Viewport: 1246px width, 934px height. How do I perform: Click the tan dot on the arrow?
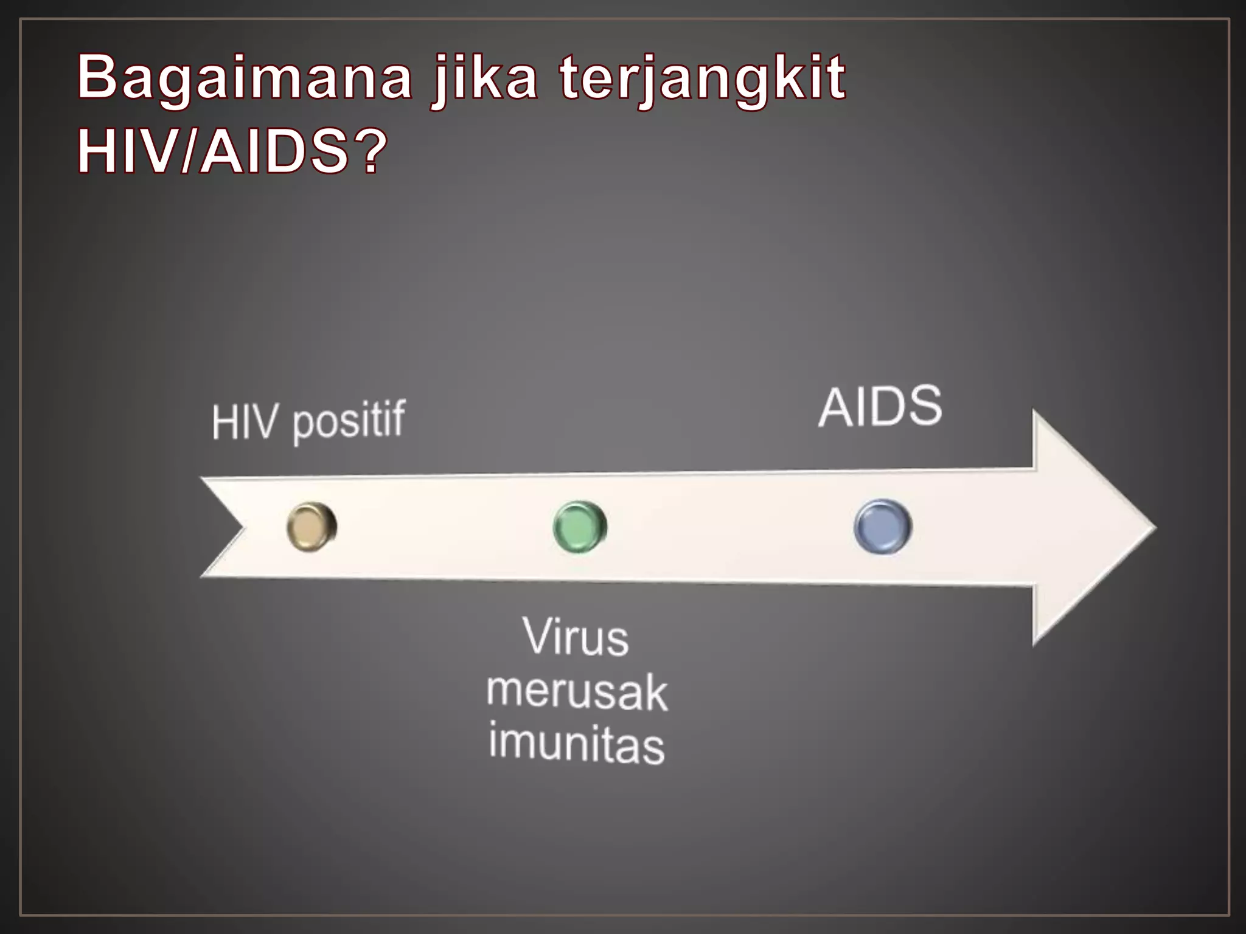point(311,527)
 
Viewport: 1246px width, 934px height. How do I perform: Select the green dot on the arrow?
point(580,527)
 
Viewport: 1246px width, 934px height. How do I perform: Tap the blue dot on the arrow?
point(883,527)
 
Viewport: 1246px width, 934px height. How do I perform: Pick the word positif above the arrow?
point(349,421)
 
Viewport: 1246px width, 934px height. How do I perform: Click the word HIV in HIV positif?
point(243,422)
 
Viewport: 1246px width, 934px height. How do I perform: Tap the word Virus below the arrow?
point(576,637)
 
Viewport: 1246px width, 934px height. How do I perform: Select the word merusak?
point(577,692)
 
